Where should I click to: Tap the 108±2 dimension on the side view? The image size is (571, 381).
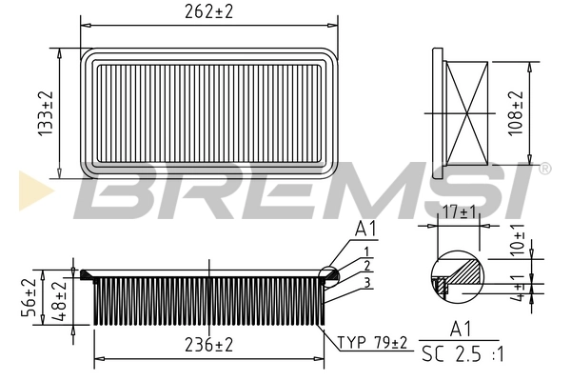point(516,113)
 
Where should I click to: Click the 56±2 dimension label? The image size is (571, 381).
point(28,297)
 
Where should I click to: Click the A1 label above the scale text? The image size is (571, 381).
point(460,330)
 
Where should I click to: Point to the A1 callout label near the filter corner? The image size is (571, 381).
point(364,229)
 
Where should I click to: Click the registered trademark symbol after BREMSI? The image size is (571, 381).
point(543,170)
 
